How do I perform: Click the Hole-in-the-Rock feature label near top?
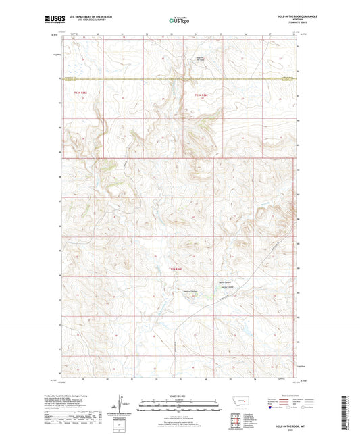point(201,78)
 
